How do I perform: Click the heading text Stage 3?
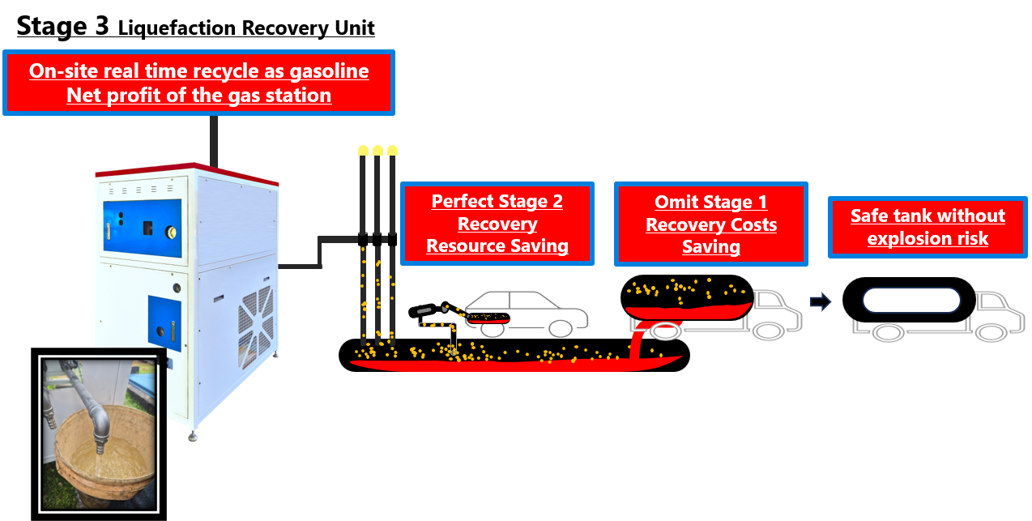coord(62,26)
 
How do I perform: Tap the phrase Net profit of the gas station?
coord(198,95)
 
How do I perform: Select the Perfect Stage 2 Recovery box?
coord(497,224)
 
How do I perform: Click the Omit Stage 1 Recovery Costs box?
coord(710,224)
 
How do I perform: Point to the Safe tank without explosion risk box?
coord(928,227)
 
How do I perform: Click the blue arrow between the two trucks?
coord(821,302)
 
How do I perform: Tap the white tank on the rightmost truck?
coord(911,301)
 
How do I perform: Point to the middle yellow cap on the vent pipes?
coord(377,150)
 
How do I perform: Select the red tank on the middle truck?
coord(689,309)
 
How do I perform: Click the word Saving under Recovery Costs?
coord(710,247)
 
